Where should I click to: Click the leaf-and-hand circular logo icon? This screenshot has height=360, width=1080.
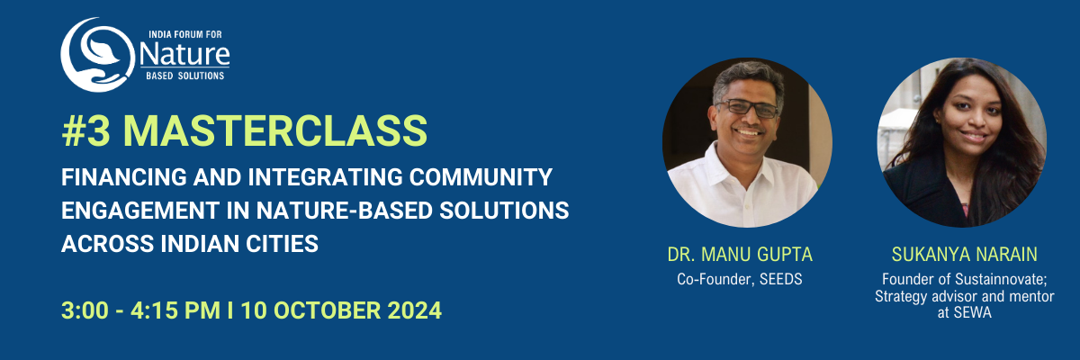(97, 55)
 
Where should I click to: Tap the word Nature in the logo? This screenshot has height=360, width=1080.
(184, 55)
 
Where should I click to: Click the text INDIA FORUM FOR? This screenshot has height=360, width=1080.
(185, 35)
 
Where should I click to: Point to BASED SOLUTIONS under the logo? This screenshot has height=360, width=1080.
(185, 76)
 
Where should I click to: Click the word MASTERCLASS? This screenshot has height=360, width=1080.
(275, 130)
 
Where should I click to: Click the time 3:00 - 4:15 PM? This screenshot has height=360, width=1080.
(140, 310)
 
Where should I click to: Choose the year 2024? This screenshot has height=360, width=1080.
(415, 310)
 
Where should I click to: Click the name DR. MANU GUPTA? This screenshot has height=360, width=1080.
(740, 255)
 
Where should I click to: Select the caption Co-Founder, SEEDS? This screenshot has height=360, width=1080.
(740, 279)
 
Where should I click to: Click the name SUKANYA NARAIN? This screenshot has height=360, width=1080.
(964, 255)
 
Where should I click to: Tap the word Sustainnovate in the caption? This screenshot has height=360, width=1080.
(999, 280)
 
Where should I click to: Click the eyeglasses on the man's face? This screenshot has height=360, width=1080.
(747, 108)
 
